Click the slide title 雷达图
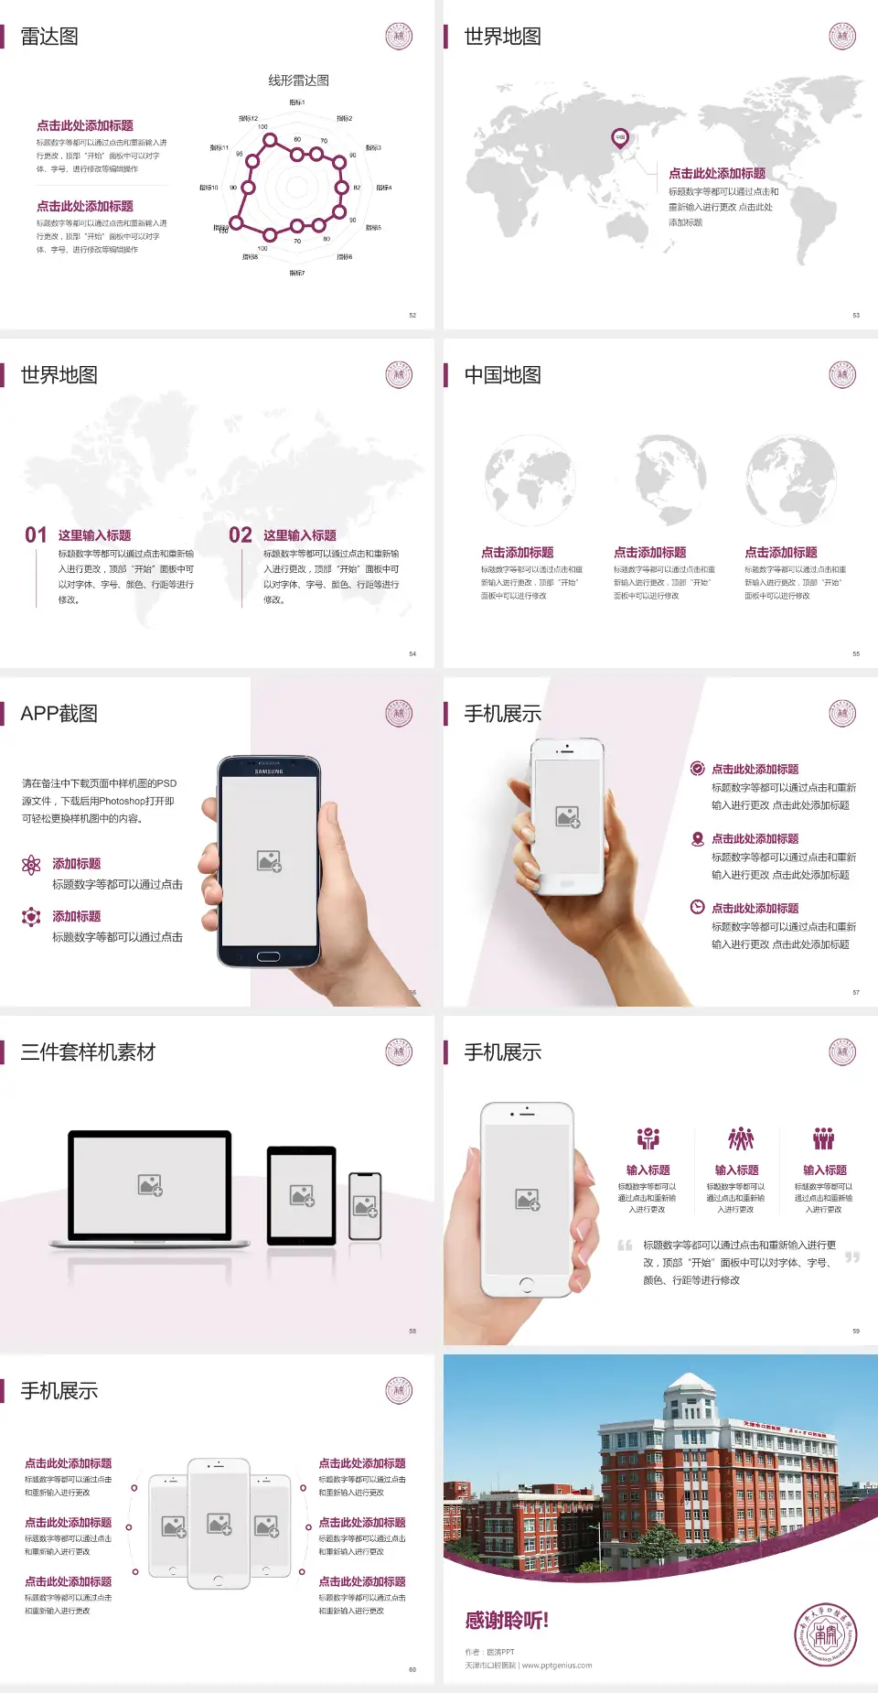point(49,37)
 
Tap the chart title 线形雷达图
point(298,81)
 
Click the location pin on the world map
point(620,138)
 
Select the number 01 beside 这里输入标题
point(36,535)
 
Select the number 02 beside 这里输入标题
point(241,535)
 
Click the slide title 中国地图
point(502,375)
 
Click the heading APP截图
point(59,714)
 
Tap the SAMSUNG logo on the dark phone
point(269,771)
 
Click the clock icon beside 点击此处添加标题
point(697,907)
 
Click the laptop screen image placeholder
point(150,1185)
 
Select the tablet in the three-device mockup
point(302,1194)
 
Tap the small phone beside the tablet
point(365,1206)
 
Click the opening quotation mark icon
point(626,1245)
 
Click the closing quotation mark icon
point(852,1257)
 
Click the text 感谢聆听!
point(507,1621)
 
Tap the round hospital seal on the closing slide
point(825,1634)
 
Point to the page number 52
point(412,316)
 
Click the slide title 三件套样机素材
point(88,1052)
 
